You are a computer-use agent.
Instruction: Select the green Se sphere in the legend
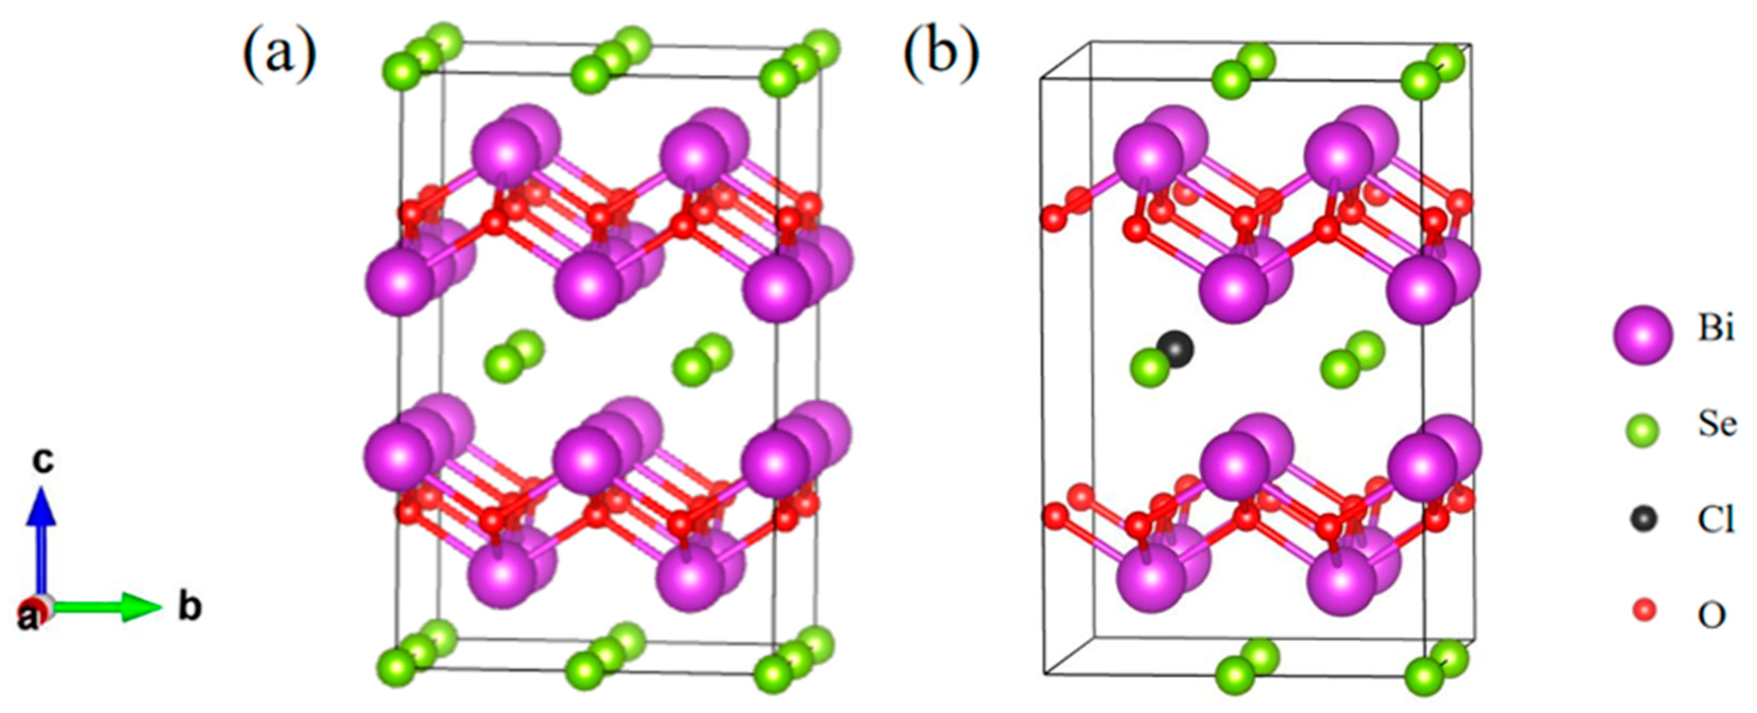1643,430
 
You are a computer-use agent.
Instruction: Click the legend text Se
1716,424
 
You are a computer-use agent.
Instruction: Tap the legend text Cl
1715,520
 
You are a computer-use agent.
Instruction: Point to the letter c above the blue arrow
43,461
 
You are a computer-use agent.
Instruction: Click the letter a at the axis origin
28,618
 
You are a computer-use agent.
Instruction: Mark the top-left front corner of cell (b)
1041,79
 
